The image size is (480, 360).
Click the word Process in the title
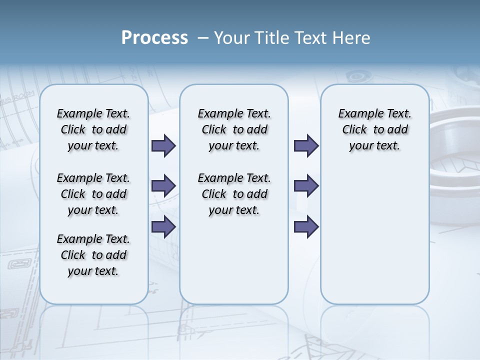[154, 38]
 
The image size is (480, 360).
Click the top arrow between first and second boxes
[163, 146]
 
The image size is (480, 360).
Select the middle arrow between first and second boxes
[163, 186]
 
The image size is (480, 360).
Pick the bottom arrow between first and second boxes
[163, 226]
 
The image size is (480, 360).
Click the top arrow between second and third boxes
[306, 146]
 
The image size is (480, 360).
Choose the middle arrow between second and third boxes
[306, 186]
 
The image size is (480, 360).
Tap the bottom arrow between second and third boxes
[306, 226]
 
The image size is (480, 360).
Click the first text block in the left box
[93, 129]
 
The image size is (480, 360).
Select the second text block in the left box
[93, 194]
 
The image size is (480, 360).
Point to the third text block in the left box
[93, 255]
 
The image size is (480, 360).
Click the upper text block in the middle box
[234, 129]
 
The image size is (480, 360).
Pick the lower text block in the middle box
[234, 194]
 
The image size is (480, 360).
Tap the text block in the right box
[374, 129]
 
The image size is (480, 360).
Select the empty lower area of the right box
[374, 235]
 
